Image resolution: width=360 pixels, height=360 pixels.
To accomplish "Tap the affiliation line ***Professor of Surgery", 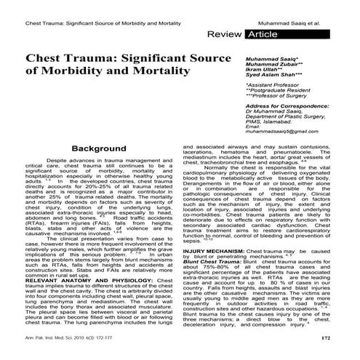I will point(276,96).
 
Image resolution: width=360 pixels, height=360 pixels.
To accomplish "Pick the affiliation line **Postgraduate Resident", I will point(276,90).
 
